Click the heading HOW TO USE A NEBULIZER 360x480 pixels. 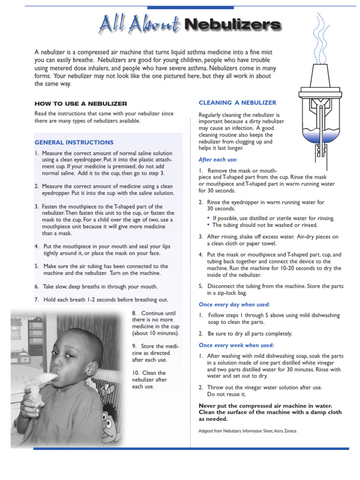pos(81,104)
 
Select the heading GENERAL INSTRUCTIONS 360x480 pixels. pos(74,142)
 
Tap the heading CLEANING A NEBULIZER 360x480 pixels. pos(238,103)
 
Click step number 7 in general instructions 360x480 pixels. pos(37,300)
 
